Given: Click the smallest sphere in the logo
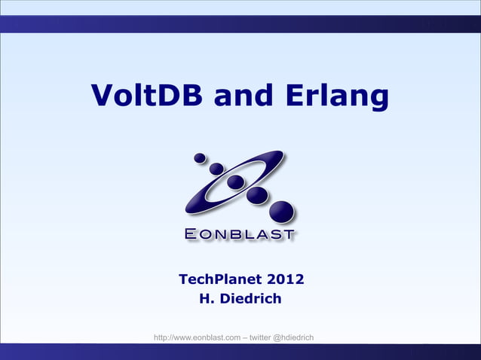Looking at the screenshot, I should [x=200, y=158].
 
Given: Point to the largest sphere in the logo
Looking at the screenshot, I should [x=282, y=212].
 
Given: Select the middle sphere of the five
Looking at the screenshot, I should [x=236, y=182].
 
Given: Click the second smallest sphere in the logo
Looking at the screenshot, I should [x=216, y=169].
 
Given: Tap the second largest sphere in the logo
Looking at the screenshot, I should [x=257, y=195].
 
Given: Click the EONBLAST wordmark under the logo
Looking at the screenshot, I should [x=240, y=234].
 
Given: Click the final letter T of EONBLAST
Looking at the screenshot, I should [x=287, y=234].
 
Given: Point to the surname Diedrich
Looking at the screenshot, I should [x=253, y=299].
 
